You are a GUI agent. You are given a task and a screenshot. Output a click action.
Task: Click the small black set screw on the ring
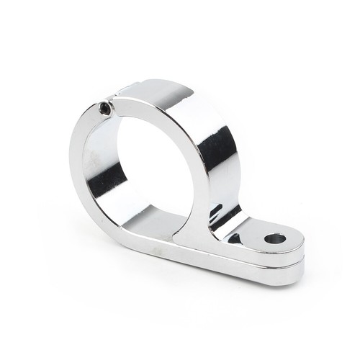[x=105, y=109]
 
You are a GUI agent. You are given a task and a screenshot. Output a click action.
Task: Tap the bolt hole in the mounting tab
[x=274, y=238]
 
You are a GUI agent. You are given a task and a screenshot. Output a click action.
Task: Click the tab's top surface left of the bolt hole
[x=248, y=234]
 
